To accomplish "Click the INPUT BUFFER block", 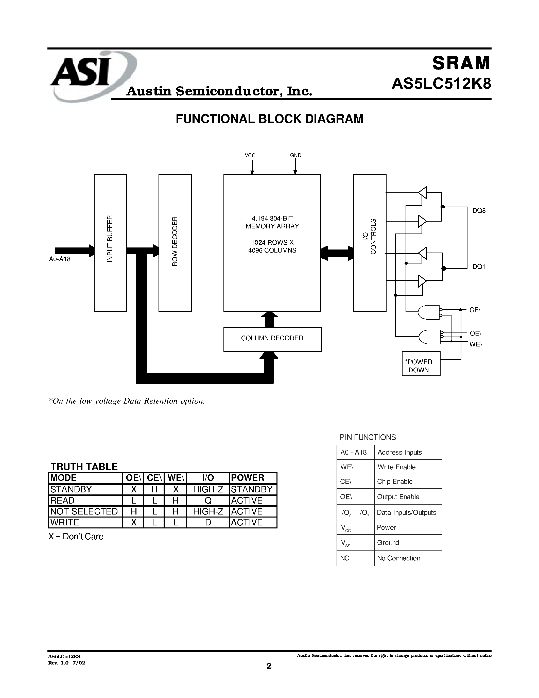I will pos(110,243).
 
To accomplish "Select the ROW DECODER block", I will pos(175,243).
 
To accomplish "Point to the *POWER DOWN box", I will pos(421,364).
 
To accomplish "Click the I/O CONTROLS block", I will pos(370,243).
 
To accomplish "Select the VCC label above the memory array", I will pos(250,155).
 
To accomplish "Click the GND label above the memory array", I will pos(295,155).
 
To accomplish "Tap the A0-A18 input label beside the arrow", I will pos(60,259).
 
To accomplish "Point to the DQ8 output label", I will pos(479,211).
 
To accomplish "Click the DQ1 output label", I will pos(479,267).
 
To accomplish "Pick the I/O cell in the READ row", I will pos(208,501).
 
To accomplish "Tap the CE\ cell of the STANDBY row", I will pos(154,489).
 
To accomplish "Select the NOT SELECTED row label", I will pos(84,511).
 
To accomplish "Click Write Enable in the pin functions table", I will pos(396,467).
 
